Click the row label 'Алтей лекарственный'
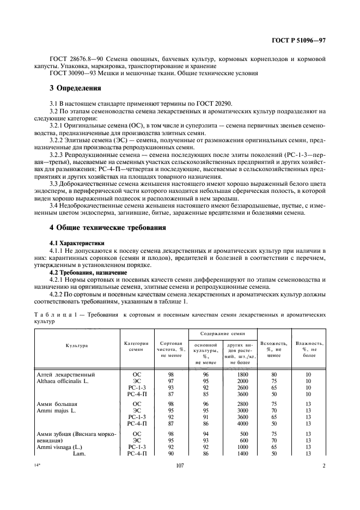click(x=65, y=374)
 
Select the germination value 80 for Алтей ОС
click(x=274, y=374)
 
